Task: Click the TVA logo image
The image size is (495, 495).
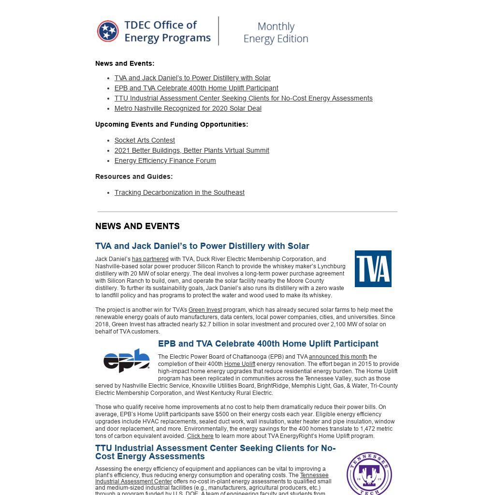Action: tap(373, 269)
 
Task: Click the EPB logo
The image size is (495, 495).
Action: tap(127, 360)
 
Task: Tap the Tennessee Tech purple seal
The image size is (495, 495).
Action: tap(369, 474)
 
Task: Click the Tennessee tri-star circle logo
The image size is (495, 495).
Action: tap(108, 31)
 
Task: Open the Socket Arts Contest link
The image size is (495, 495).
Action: tap(145, 140)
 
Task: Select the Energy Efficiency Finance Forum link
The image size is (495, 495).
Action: tap(165, 160)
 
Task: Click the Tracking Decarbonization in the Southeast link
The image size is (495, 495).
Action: tap(179, 192)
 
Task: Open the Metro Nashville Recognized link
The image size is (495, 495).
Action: tap(188, 108)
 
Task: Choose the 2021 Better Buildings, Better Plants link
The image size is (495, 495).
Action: tap(191, 150)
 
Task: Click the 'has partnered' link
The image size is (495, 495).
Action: tap(150, 259)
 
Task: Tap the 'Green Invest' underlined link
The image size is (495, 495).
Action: tap(205, 310)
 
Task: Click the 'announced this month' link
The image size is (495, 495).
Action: tap(338, 357)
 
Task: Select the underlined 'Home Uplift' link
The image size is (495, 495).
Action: tap(239, 364)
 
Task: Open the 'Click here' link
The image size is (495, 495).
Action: tap(200, 436)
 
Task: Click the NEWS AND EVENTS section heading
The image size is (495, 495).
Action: tap(137, 226)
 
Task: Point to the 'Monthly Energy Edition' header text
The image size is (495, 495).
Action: tap(276, 32)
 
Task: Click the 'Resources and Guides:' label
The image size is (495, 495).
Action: tap(134, 176)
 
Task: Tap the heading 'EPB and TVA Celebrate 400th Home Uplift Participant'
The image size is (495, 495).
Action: tap(268, 344)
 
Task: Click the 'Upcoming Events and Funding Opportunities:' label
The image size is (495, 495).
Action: tap(172, 124)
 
